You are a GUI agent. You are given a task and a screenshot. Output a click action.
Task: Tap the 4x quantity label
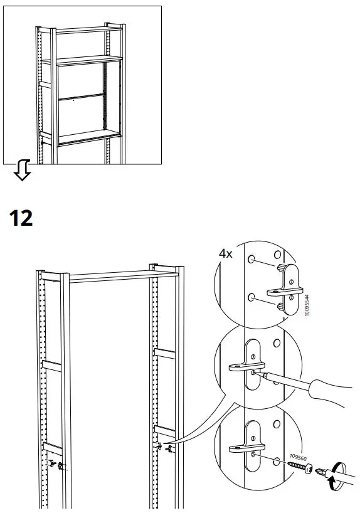point(225,255)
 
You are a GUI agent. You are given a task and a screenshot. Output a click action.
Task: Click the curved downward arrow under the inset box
point(22,169)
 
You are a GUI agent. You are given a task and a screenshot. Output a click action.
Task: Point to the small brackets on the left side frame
point(55,465)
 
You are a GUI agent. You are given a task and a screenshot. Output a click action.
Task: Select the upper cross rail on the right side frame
point(166,354)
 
